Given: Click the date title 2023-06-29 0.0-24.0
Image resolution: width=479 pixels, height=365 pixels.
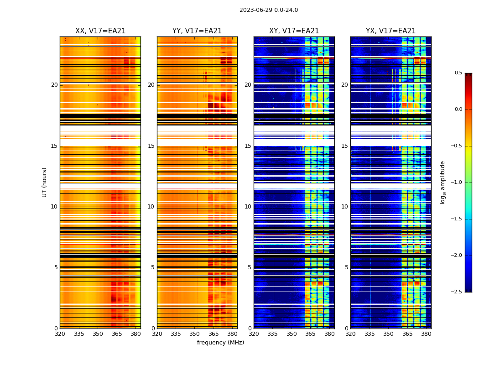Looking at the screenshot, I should click(x=268, y=10).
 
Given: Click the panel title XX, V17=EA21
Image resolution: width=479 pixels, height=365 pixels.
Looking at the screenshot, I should click(x=100, y=31).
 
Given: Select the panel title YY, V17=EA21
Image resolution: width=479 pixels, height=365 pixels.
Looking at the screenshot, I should click(x=197, y=31).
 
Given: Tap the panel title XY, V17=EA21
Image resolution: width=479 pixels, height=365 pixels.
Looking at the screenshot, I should click(x=294, y=31).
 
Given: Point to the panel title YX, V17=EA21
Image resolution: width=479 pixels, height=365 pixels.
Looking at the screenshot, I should click(x=390, y=31).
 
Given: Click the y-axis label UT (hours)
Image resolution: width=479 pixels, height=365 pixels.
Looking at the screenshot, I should click(x=44, y=182).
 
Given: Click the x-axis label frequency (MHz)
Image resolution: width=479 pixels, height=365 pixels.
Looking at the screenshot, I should click(x=220, y=343).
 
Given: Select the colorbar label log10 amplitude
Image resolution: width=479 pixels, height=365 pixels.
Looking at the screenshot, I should click(x=443, y=182).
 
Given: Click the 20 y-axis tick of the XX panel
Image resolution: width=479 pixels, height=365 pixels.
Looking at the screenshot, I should click(x=54, y=85).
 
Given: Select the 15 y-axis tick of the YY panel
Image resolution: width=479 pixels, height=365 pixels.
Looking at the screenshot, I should click(x=151, y=146).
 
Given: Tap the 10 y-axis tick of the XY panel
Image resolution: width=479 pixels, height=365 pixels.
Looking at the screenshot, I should click(x=248, y=207).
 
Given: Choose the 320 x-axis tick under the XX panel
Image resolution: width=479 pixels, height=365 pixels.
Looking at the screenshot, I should click(x=60, y=334).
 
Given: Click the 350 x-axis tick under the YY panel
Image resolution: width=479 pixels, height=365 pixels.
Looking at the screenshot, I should click(x=195, y=334).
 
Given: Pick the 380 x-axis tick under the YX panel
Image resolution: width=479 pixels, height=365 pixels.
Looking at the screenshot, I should click(x=426, y=334).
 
